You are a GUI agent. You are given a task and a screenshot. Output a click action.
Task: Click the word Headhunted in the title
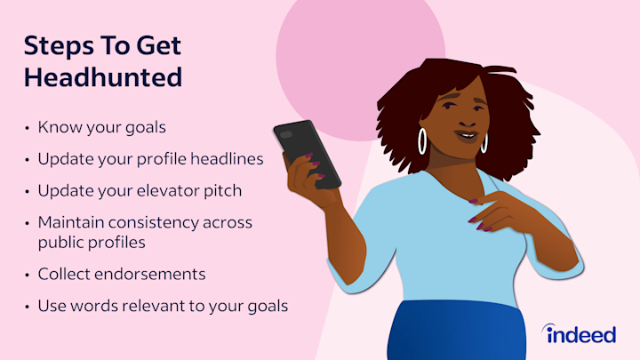pos(103,77)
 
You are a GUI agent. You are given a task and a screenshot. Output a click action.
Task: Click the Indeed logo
pos(580,334)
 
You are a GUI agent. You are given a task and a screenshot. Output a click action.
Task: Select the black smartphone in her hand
pos(307,154)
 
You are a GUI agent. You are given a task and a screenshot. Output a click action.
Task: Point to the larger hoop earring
pos(422,141)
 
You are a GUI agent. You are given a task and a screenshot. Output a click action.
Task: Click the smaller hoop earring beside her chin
pos(484,143)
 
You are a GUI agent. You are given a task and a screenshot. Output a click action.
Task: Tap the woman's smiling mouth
pos(467,136)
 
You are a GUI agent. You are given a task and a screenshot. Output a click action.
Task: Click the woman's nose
pos(468,121)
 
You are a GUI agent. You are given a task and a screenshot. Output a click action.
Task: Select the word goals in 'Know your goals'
pos(145,128)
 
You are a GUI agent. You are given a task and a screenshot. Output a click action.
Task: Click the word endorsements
pos(150,275)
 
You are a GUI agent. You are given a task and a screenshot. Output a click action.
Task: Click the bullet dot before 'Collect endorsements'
pos(28,275)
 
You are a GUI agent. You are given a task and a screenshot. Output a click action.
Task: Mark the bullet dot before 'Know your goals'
pos(28,128)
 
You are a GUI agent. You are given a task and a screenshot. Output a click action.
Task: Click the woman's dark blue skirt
pos(456,331)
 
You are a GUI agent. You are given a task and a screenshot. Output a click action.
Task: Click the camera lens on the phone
pos(286,134)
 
